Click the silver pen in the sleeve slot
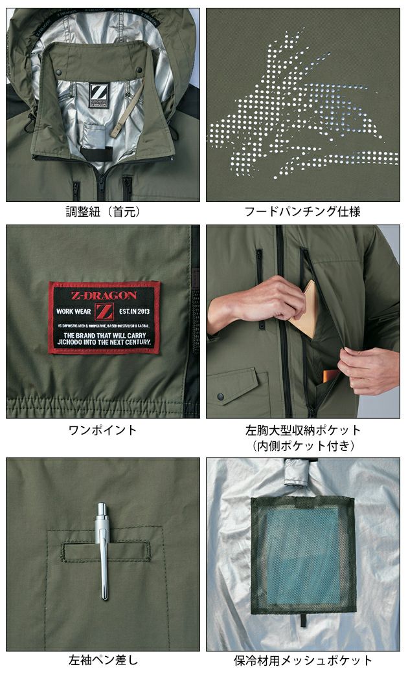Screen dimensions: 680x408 (x=103, y=550)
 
